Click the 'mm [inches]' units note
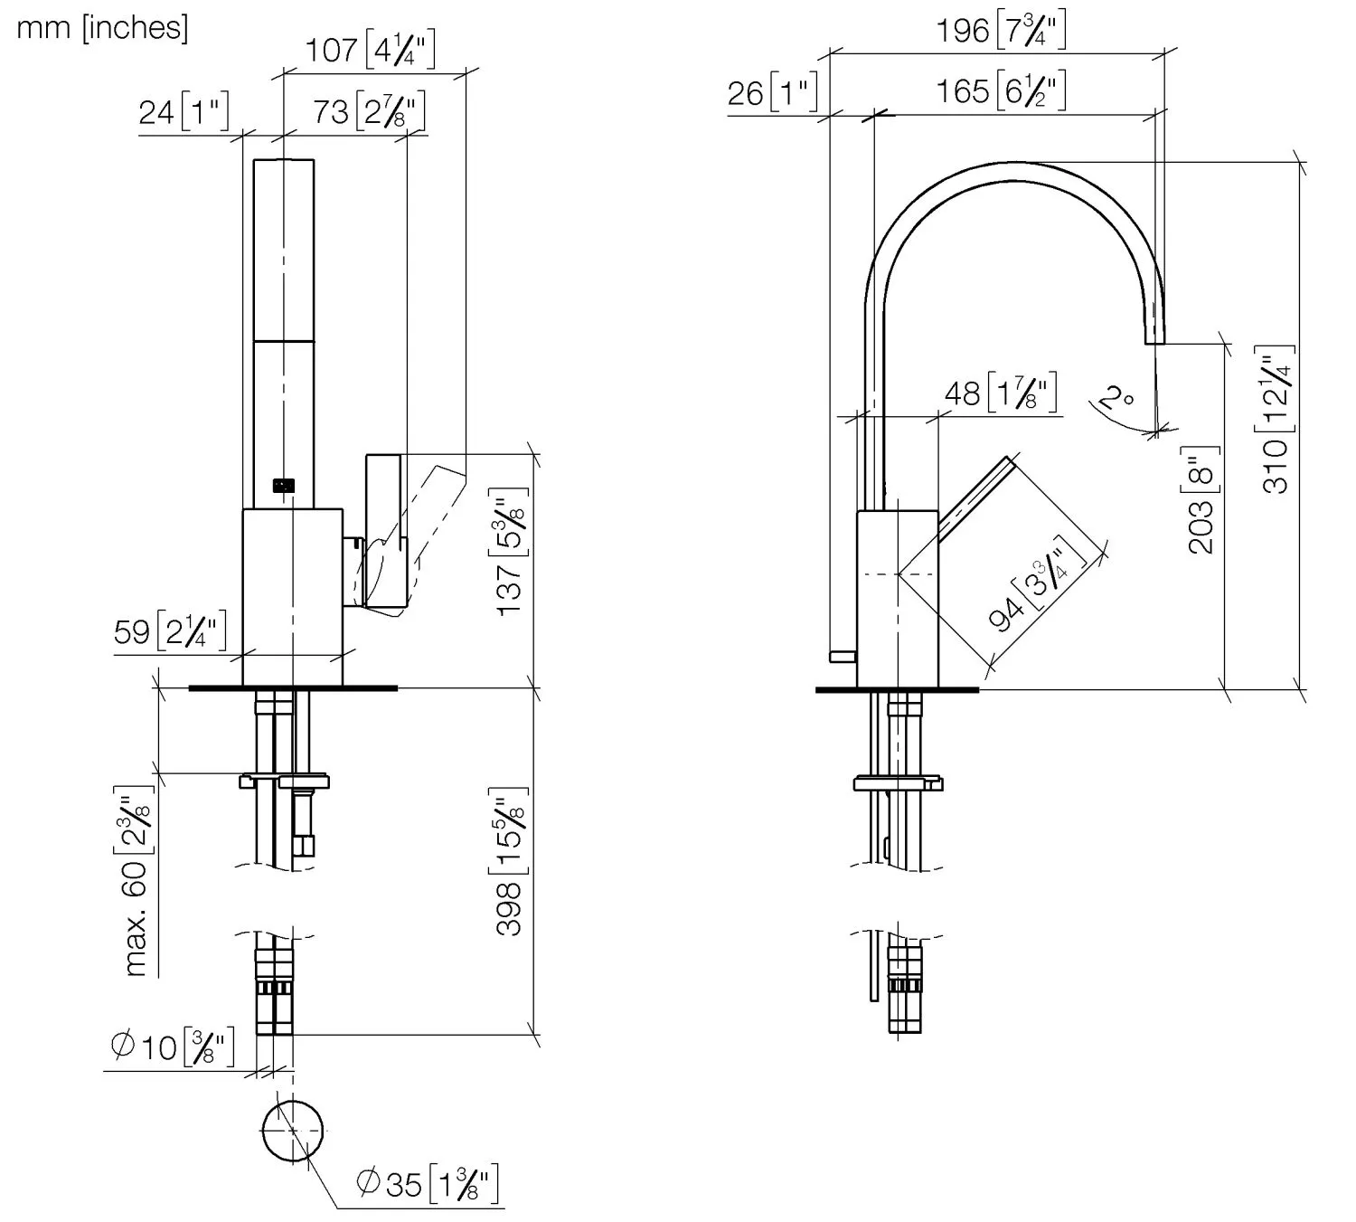coord(102,29)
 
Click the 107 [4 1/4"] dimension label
coord(370,50)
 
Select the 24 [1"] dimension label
coord(184,111)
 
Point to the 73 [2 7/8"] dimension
coord(369,111)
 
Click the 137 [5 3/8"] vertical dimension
coord(511,552)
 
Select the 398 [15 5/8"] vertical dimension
coord(511,861)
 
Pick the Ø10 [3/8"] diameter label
coord(173,1047)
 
